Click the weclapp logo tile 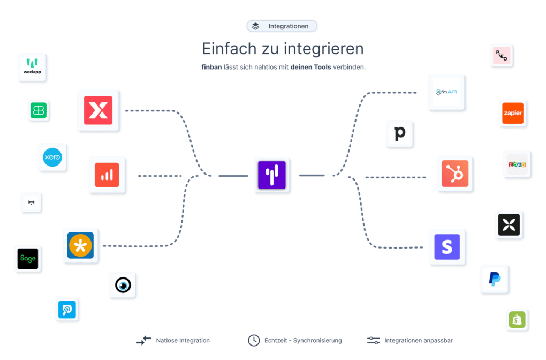[33, 67]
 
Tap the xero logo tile [53, 157]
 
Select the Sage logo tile [28, 259]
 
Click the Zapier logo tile [513, 113]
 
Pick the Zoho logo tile [517, 164]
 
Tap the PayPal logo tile [495, 279]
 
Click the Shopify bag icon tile [517, 320]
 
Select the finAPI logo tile [446, 92]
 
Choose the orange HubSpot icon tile [455, 174]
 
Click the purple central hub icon [272, 175]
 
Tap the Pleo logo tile [502, 56]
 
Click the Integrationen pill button [282, 26]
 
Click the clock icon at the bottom [253, 340]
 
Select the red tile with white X [98, 110]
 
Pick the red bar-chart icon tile [107, 175]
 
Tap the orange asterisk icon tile [81, 246]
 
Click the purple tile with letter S [447, 247]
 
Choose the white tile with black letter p [400, 133]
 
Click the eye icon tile [124, 285]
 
